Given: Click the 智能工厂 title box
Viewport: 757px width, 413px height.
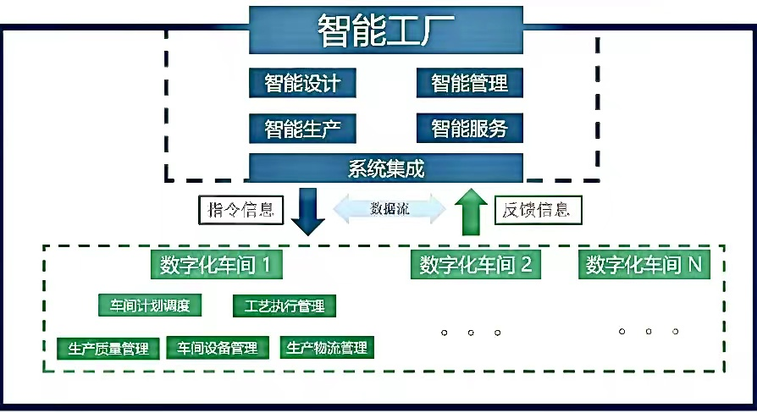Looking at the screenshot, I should pos(384,31).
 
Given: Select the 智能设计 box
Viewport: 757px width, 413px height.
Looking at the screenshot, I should pos(301,83).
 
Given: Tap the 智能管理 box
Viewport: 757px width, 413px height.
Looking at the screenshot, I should pos(469,83).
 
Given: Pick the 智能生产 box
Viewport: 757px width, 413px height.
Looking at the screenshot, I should pos(301,129).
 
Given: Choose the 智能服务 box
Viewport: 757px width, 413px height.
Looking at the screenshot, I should pos(469,129).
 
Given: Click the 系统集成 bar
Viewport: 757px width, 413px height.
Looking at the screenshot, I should pos(385,168).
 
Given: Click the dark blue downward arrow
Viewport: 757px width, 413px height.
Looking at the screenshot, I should pos(308,212).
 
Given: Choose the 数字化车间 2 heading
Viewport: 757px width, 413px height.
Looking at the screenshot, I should pos(476,265).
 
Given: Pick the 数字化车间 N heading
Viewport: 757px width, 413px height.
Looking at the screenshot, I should pos(644,265).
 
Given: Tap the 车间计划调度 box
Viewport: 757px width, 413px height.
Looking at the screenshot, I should pos(150,305).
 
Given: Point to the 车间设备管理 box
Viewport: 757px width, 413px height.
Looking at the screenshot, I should pos(218,348).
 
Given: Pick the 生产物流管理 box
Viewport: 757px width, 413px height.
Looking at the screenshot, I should pos(327,348).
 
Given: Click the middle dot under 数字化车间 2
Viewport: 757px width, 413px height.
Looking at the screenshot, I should pos(470,333).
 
